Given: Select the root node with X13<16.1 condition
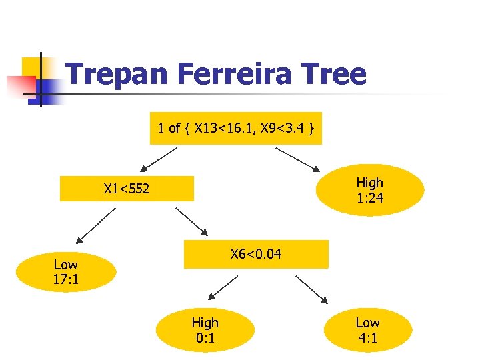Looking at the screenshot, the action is [236, 128].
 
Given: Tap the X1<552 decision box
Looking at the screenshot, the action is [127, 189].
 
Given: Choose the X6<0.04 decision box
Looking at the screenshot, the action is [256, 254].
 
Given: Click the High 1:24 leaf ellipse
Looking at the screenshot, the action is [369, 190].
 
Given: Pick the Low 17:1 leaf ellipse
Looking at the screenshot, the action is [66, 272].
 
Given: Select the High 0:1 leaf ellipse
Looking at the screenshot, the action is [205, 330].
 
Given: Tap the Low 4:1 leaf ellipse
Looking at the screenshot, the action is [367, 330].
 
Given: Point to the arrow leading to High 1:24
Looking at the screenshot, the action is [299, 158].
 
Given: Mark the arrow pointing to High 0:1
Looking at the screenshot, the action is [224, 288].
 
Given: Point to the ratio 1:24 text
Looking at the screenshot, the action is [369, 197].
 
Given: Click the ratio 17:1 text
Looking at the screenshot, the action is [66, 279].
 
